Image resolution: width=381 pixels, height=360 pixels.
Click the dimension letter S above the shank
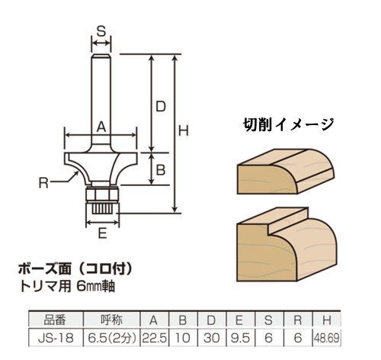(x=101, y=31)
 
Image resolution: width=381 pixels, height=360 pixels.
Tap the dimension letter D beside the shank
(x=161, y=107)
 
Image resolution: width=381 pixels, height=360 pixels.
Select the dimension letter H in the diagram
(x=184, y=131)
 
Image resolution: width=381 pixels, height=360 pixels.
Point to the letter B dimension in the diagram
(x=161, y=170)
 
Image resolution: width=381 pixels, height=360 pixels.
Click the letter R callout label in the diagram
(x=43, y=183)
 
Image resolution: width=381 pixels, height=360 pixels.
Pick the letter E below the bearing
(x=102, y=233)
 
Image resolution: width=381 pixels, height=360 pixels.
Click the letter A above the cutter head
(x=101, y=127)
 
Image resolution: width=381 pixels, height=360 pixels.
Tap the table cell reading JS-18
(x=56, y=338)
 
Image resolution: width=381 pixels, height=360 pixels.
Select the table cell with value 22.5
(x=154, y=338)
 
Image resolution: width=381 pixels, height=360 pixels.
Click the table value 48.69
(x=326, y=338)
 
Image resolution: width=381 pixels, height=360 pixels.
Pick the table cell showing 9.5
(x=239, y=338)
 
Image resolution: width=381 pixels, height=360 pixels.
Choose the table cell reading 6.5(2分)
(x=112, y=338)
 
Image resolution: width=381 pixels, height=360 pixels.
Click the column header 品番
(x=55, y=320)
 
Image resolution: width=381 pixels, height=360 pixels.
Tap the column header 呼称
(x=111, y=320)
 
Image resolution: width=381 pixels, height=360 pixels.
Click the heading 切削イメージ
(x=288, y=124)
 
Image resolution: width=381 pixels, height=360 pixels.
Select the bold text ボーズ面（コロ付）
(x=75, y=268)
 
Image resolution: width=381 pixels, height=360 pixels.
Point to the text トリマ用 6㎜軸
(x=68, y=287)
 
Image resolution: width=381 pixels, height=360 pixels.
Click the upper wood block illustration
(x=286, y=172)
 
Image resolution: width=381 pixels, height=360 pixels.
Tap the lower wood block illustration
(x=287, y=245)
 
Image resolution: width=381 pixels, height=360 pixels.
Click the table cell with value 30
(x=211, y=338)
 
